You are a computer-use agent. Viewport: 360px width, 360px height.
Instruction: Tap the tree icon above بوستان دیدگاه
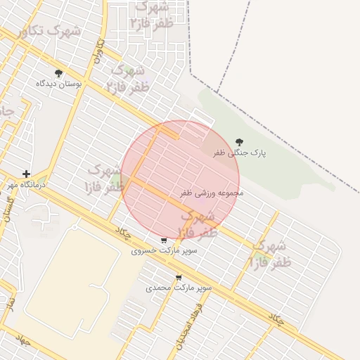[x=58, y=73]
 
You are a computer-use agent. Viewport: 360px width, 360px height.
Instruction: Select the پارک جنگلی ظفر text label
[x=240, y=152]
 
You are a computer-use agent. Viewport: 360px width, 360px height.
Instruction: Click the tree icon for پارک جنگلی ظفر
[x=240, y=141]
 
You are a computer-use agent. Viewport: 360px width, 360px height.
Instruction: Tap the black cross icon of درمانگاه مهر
[x=26, y=174]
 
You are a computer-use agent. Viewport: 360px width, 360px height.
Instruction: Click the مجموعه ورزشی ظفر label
[x=212, y=192]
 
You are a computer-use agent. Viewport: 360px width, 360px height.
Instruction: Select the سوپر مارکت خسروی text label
[x=164, y=250]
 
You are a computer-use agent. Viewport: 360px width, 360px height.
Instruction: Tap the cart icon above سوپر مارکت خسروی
[x=164, y=240]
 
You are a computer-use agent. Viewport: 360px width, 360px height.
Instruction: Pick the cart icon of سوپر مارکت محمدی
[x=179, y=277]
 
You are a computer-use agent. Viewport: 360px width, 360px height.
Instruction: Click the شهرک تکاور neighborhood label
[x=49, y=32]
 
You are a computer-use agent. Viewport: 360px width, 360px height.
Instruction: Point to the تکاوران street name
[x=99, y=51]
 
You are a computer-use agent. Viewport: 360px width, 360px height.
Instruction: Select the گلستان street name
[x=9, y=209]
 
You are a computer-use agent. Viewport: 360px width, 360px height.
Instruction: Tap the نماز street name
[x=9, y=304]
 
